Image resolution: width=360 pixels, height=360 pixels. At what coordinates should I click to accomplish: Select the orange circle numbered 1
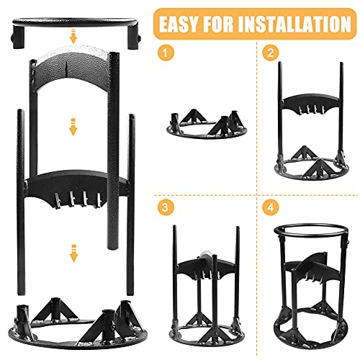click(x=166, y=53)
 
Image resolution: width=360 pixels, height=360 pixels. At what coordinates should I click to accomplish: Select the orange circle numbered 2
click(x=271, y=53)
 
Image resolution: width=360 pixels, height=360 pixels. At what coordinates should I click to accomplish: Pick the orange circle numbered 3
click(x=166, y=207)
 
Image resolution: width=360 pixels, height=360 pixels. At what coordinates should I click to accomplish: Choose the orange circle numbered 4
click(x=271, y=207)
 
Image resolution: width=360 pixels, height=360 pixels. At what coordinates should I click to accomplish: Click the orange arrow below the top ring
click(x=73, y=36)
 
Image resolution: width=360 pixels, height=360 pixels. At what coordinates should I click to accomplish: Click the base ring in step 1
click(x=207, y=136)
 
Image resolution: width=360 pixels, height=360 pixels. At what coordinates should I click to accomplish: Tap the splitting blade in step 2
click(x=311, y=102)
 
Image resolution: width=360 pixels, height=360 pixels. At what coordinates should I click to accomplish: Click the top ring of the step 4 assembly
click(x=311, y=226)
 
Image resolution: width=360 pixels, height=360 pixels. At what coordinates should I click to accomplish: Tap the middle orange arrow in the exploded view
click(x=73, y=127)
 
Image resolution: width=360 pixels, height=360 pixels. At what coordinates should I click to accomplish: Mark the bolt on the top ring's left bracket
click(x=12, y=38)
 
